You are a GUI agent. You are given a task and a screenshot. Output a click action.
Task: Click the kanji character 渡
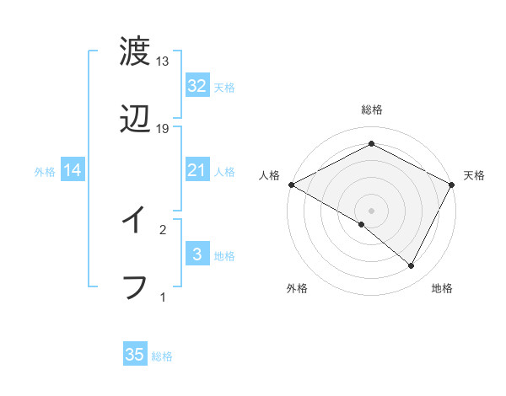coord(135,52)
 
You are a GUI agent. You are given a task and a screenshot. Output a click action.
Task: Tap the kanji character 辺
coord(135,120)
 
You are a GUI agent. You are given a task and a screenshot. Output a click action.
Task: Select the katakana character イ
coord(135,221)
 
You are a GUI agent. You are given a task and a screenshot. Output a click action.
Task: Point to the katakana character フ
coord(135,287)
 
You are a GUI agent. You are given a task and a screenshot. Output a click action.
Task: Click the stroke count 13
coord(163,62)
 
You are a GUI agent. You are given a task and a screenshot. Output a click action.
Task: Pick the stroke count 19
coord(163,129)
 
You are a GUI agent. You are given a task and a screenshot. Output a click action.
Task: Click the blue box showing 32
coord(196,86)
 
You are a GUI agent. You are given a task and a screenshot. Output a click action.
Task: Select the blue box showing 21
coord(196,170)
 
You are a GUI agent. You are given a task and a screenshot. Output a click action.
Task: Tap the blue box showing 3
coord(196,254)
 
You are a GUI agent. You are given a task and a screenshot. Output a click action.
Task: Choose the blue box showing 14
coord(73,170)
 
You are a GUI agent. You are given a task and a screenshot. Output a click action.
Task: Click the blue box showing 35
coord(135,355)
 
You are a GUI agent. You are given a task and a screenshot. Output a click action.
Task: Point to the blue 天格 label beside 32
coord(224,87)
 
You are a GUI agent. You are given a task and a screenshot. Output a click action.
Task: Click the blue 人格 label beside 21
coord(224,171)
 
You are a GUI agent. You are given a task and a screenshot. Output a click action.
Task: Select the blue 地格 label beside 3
coord(224,255)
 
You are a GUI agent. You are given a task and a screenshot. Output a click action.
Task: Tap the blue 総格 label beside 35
coord(162,356)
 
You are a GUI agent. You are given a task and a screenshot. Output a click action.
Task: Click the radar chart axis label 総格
coord(371,110)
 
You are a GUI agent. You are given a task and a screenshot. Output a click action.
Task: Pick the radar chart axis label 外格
coord(297,288)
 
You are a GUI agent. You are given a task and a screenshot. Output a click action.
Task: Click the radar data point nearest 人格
coord(290,184)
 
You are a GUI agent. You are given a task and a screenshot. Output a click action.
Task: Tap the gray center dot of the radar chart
coord(371,210)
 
